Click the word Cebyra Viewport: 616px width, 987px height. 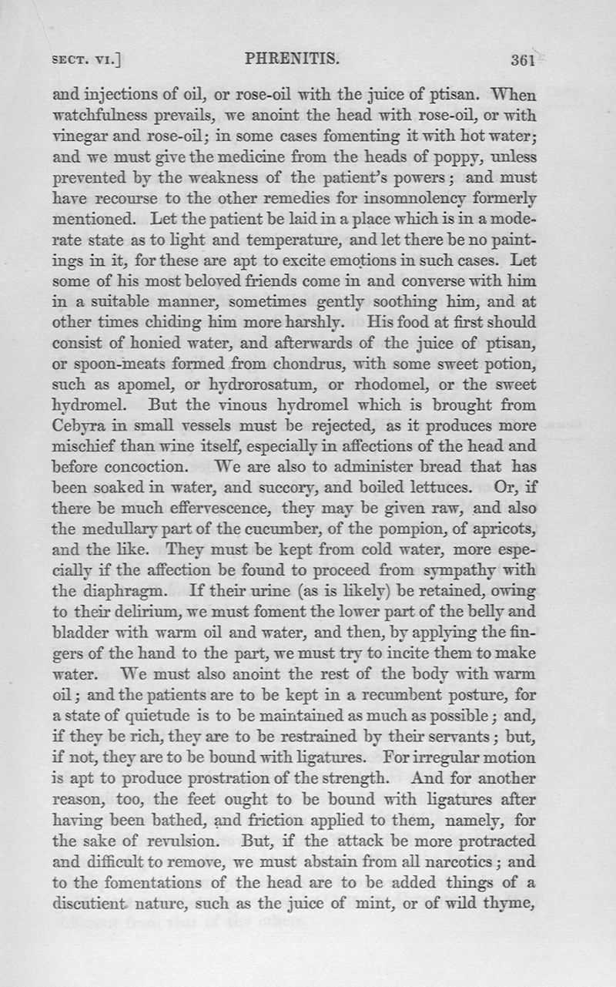79,425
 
